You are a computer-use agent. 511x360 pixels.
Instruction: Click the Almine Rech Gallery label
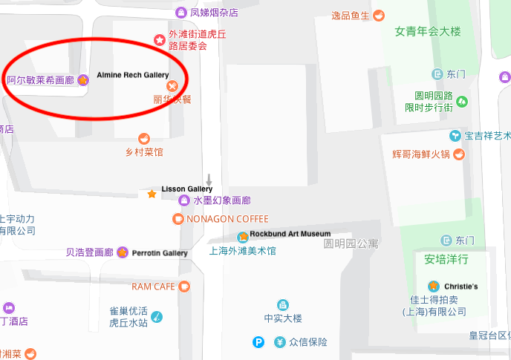click(x=132, y=76)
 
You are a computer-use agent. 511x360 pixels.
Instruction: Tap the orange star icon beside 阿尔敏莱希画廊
click(x=83, y=80)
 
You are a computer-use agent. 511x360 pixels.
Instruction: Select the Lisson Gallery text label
click(x=186, y=189)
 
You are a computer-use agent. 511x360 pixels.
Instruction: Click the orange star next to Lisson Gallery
click(x=152, y=194)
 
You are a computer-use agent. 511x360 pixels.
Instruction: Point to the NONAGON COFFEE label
click(x=227, y=219)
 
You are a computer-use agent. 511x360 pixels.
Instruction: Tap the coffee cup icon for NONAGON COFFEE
click(x=178, y=219)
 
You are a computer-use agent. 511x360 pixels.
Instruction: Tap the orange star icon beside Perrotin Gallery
click(x=122, y=252)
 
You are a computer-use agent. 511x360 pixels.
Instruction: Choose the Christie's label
click(x=460, y=286)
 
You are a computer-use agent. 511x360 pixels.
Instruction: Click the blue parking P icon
click(x=258, y=342)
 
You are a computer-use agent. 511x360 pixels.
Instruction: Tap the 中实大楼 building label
click(x=283, y=318)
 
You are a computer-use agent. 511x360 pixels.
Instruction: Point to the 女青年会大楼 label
click(x=428, y=32)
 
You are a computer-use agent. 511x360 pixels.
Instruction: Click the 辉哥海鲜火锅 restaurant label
click(x=421, y=154)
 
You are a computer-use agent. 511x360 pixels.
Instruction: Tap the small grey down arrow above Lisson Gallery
click(x=209, y=180)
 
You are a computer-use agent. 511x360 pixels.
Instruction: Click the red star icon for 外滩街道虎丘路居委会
click(x=158, y=39)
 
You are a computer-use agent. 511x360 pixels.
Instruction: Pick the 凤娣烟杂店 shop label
click(x=214, y=13)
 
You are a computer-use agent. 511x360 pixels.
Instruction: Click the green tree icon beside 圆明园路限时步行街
click(x=462, y=101)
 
